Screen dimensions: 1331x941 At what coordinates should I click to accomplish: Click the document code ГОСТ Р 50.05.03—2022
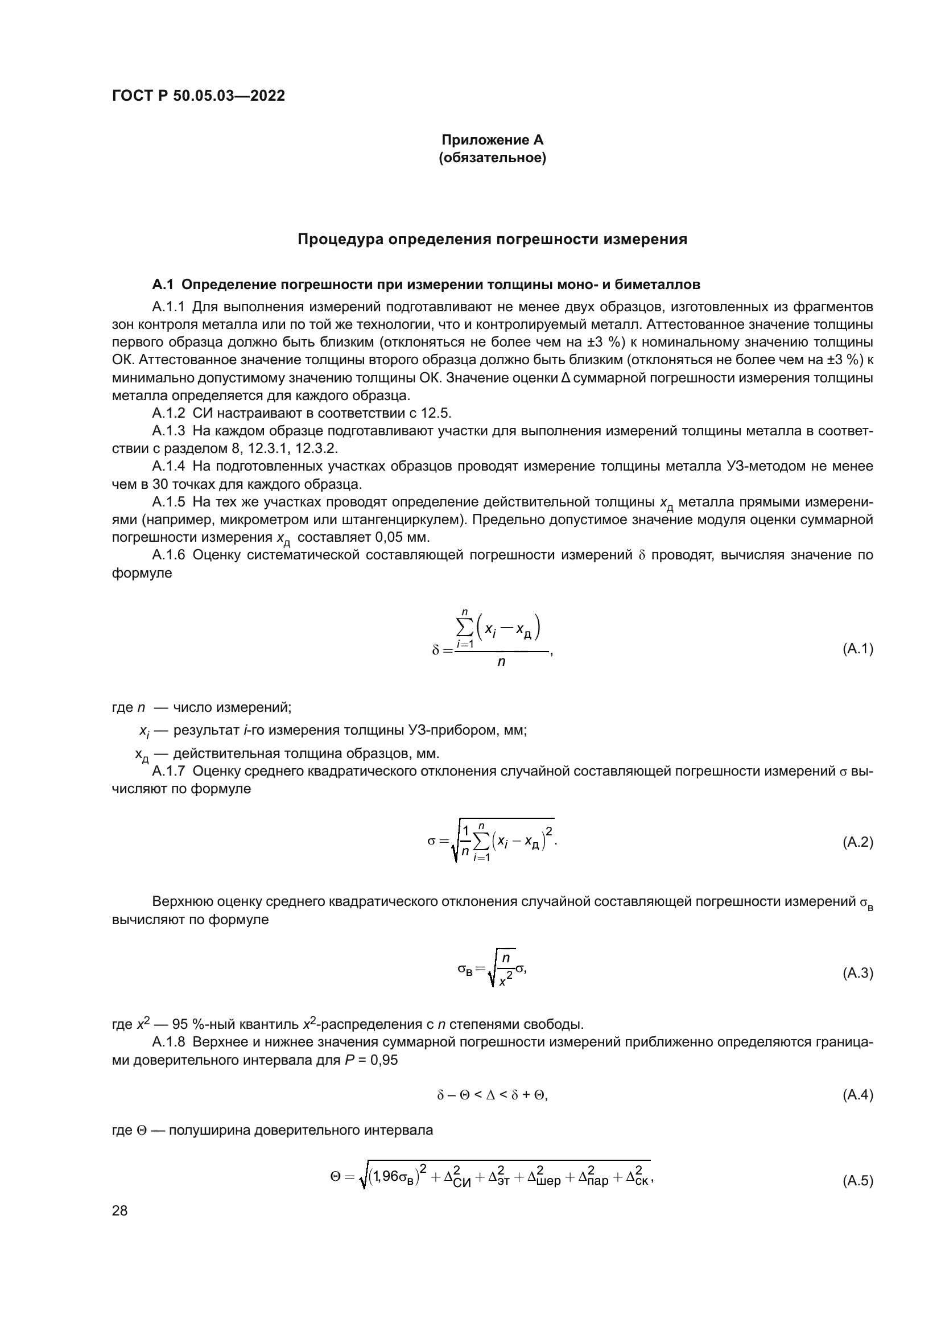(198, 96)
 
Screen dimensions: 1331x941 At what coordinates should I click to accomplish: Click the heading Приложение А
(492, 140)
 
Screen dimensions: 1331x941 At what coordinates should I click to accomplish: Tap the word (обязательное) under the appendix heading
(492, 158)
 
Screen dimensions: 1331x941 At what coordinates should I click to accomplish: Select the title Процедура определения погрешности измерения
(492, 240)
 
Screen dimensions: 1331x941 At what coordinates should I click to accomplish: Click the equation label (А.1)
(857, 649)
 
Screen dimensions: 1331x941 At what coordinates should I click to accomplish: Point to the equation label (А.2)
(857, 842)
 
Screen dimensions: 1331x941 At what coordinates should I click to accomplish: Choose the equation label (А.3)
(857, 973)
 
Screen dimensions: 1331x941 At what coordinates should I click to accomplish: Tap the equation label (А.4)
(857, 1095)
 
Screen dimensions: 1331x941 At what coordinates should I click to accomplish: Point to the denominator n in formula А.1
(501, 661)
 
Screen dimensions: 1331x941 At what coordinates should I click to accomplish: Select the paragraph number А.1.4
(168, 466)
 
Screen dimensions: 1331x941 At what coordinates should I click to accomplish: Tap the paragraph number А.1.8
(168, 1042)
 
